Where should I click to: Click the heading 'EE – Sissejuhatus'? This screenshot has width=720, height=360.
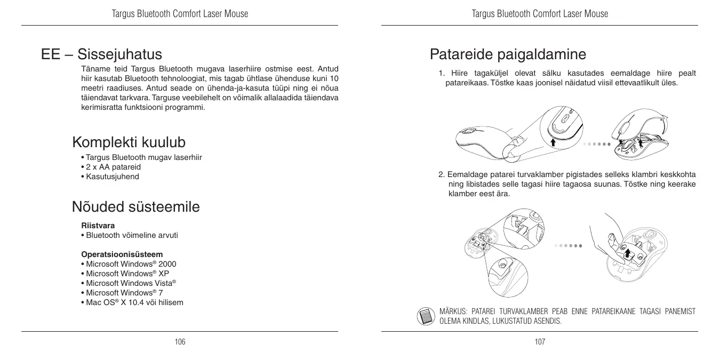pyautogui.click(x=101, y=54)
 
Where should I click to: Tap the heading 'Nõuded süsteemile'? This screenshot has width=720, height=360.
pyautogui.click(x=135, y=206)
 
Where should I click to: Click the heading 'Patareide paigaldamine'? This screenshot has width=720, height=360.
pyautogui.click(x=508, y=54)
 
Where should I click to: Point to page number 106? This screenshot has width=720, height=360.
pyautogui.click(x=180, y=341)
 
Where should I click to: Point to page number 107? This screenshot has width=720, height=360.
pyautogui.click(x=540, y=341)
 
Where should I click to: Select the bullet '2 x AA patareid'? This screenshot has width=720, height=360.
pyautogui.click(x=106, y=167)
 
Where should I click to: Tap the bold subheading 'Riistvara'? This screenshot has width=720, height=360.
pyautogui.click(x=98, y=226)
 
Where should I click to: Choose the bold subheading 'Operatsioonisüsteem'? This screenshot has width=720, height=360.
pyautogui.click(x=122, y=254)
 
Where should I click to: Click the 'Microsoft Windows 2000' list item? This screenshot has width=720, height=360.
pyautogui.click(x=131, y=264)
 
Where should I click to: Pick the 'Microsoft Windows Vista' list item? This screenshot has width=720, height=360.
pyautogui.click(x=131, y=283)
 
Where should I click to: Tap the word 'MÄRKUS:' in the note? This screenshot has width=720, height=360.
pyautogui.click(x=453, y=311)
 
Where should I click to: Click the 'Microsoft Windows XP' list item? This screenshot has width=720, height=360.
pyautogui.click(x=127, y=274)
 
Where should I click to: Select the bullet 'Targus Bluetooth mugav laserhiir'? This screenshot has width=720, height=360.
pyautogui.click(x=143, y=157)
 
